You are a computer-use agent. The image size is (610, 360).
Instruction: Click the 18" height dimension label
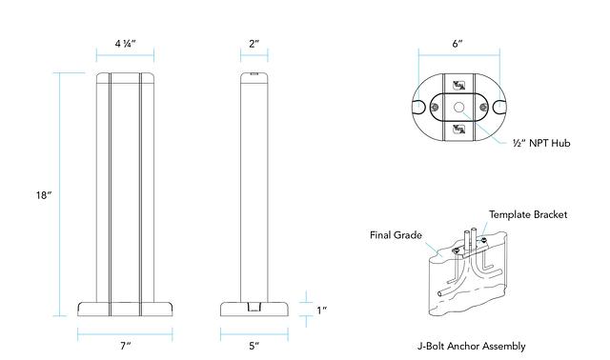click(x=44, y=195)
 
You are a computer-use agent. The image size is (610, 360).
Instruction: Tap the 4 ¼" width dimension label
click(x=125, y=44)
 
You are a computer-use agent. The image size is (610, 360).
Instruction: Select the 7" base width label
click(x=125, y=346)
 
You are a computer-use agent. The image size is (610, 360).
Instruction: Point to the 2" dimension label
click(x=254, y=44)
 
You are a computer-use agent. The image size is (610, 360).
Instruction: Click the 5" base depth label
click(x=254, y=346)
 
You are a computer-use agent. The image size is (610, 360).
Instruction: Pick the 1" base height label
click(x=321, y=310)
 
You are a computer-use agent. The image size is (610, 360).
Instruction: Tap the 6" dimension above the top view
click(x=457, y=44)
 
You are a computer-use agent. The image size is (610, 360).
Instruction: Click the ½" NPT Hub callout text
click(x=541, y=143)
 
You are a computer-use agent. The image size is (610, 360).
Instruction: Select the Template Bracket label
click(x=528, y=214)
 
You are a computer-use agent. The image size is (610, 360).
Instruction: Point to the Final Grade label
click(x=396, y=235)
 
